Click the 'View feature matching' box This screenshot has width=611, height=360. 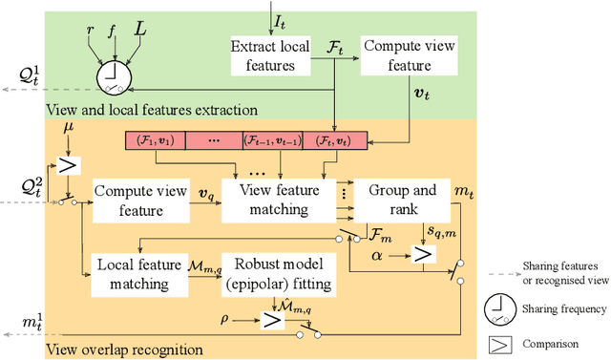pyautogui.click(x=278, y=200)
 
